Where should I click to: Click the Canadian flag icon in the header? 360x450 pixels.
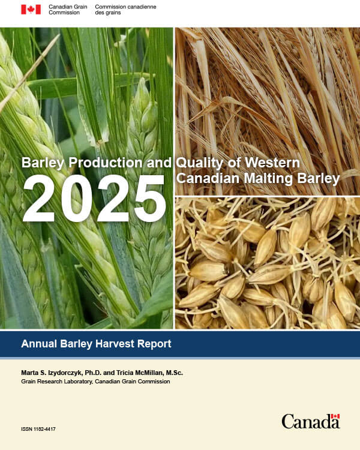click(31, 10)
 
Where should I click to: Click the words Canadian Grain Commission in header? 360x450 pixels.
click(68, 10)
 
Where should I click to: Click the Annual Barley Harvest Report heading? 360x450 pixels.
click(96, 344)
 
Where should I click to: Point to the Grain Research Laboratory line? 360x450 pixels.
click(95, 382)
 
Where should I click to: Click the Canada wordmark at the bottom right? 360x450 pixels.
click(310, 422)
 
